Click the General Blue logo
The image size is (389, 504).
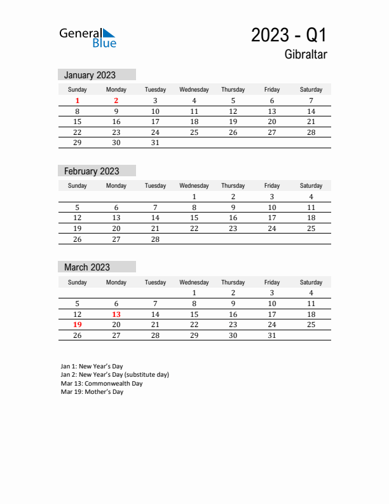(x=88, y=38)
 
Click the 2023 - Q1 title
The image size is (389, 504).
(x=289, y=35)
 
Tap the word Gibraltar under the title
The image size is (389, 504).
(x=306, y=55)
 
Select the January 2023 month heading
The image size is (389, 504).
(x=90, y=75)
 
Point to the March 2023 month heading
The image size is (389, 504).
(x=86, y=267)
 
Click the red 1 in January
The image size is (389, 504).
(x=78, y=101)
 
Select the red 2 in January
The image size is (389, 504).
(x=116, y=101)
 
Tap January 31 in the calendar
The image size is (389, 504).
(x=155, y=143)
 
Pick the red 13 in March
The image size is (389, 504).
(x=116, y=314)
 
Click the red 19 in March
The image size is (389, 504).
(x=78, y=325)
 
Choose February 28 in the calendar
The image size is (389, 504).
(x=155, y=239)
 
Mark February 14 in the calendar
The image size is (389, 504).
(x=155, y=218)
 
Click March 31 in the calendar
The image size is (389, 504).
(x=272, y=335)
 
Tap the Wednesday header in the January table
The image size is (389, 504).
(x=194, y=90)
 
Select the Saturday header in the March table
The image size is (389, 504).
(x=311, y=282)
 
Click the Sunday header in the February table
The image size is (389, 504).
(x=78, y=186)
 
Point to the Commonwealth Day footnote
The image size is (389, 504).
(x=102, y=384)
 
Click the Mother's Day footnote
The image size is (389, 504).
(x=92, y=392)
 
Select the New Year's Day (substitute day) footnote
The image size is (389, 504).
(x=115, y=375)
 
